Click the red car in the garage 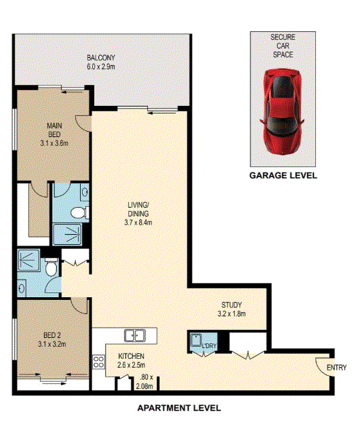point(282,112)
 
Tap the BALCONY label point(101,58)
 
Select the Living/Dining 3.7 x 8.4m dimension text point(138,223)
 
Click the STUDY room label point(231,305)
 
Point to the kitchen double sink point(135,336)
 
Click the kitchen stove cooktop point(98,362)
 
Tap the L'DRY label point(209,345)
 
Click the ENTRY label point(336,367)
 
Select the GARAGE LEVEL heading point(283,176)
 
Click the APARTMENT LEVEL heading point(179,408)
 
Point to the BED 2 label point(52,335)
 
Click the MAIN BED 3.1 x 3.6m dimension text point(54,143)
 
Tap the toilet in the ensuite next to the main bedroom point(79,212)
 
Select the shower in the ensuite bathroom point(67,235)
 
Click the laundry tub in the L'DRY point(196,341)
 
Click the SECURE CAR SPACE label point(283,45)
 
